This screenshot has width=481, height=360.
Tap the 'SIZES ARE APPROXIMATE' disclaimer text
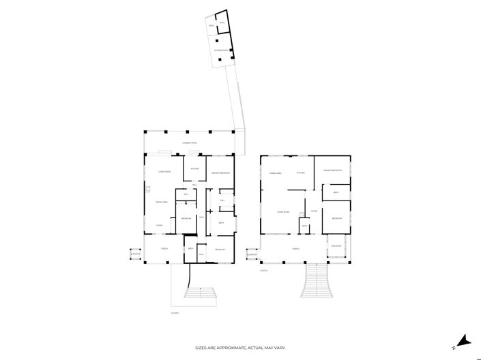point(240,347)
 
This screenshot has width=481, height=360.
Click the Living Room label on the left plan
point(164,171)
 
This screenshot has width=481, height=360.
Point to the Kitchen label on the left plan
point(194,168)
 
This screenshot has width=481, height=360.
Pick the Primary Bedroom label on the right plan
point(332,170)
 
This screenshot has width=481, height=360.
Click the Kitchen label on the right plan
point(300,172)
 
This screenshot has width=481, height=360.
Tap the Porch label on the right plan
point(296,249)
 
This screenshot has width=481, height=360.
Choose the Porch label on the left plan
point(164,249)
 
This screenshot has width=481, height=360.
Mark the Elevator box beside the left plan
point(135,254)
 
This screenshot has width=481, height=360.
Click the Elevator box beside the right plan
point(252,254)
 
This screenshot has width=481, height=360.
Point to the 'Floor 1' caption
point(175,313)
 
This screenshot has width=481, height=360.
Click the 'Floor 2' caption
point(264,271)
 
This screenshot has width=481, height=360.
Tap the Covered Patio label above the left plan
point(190,142)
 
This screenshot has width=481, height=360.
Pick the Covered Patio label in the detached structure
point(220,50)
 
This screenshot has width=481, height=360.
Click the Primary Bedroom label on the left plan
point(220,172)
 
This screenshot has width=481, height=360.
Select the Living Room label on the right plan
point(284,211)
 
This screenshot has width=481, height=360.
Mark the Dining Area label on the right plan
point(276,173)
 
